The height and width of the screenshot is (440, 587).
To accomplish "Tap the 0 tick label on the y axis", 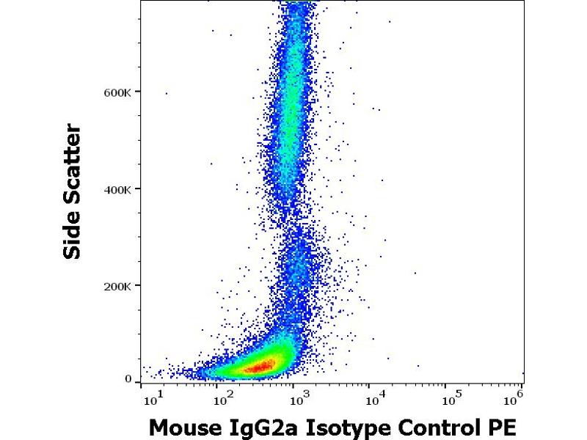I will [128, 380].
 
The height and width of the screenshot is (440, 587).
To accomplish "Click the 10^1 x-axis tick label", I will [153, 400].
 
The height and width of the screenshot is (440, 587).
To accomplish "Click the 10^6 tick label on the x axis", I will [514, 400].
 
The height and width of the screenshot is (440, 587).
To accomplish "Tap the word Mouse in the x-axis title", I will [183, 427].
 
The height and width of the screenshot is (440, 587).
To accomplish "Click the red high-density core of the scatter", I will [258, 365].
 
